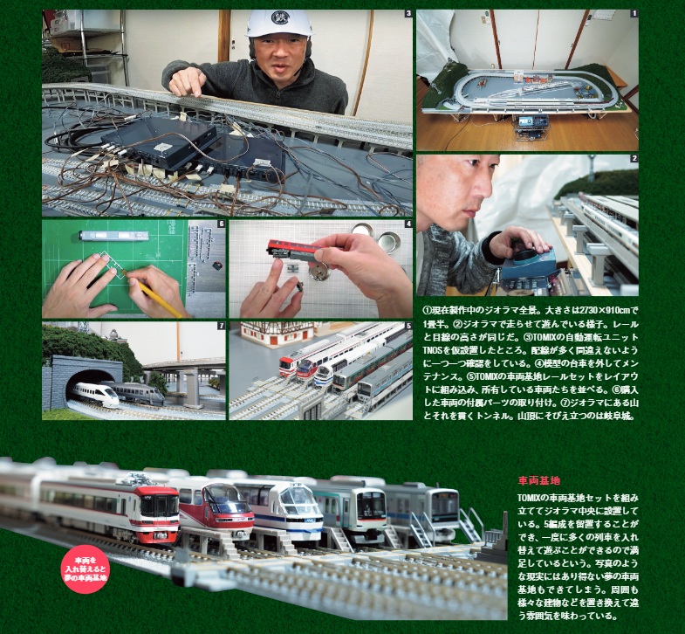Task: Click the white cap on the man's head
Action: [x=278, y=23]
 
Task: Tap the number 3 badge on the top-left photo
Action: [x=408, y=14]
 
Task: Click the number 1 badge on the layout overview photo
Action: [x=634, y=14]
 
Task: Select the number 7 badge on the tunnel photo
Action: [x=221, y=327]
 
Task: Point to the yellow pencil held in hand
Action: [x=162, y=298]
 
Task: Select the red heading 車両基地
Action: [x=538, y=480]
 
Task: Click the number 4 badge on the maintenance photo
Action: [x=408, y=224]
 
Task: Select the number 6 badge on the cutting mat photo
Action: [x=221, y=224]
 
